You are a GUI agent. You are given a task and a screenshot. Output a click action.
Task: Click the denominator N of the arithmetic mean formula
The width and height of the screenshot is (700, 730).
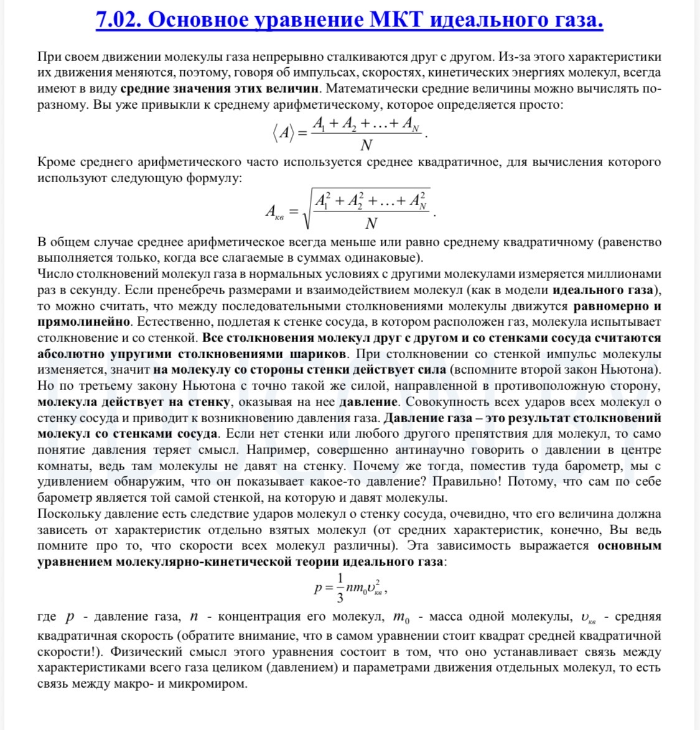366,145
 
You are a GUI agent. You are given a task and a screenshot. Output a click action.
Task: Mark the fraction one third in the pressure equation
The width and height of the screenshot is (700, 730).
340,588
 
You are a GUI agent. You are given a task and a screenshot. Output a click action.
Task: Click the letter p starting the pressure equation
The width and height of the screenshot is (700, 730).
318,588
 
